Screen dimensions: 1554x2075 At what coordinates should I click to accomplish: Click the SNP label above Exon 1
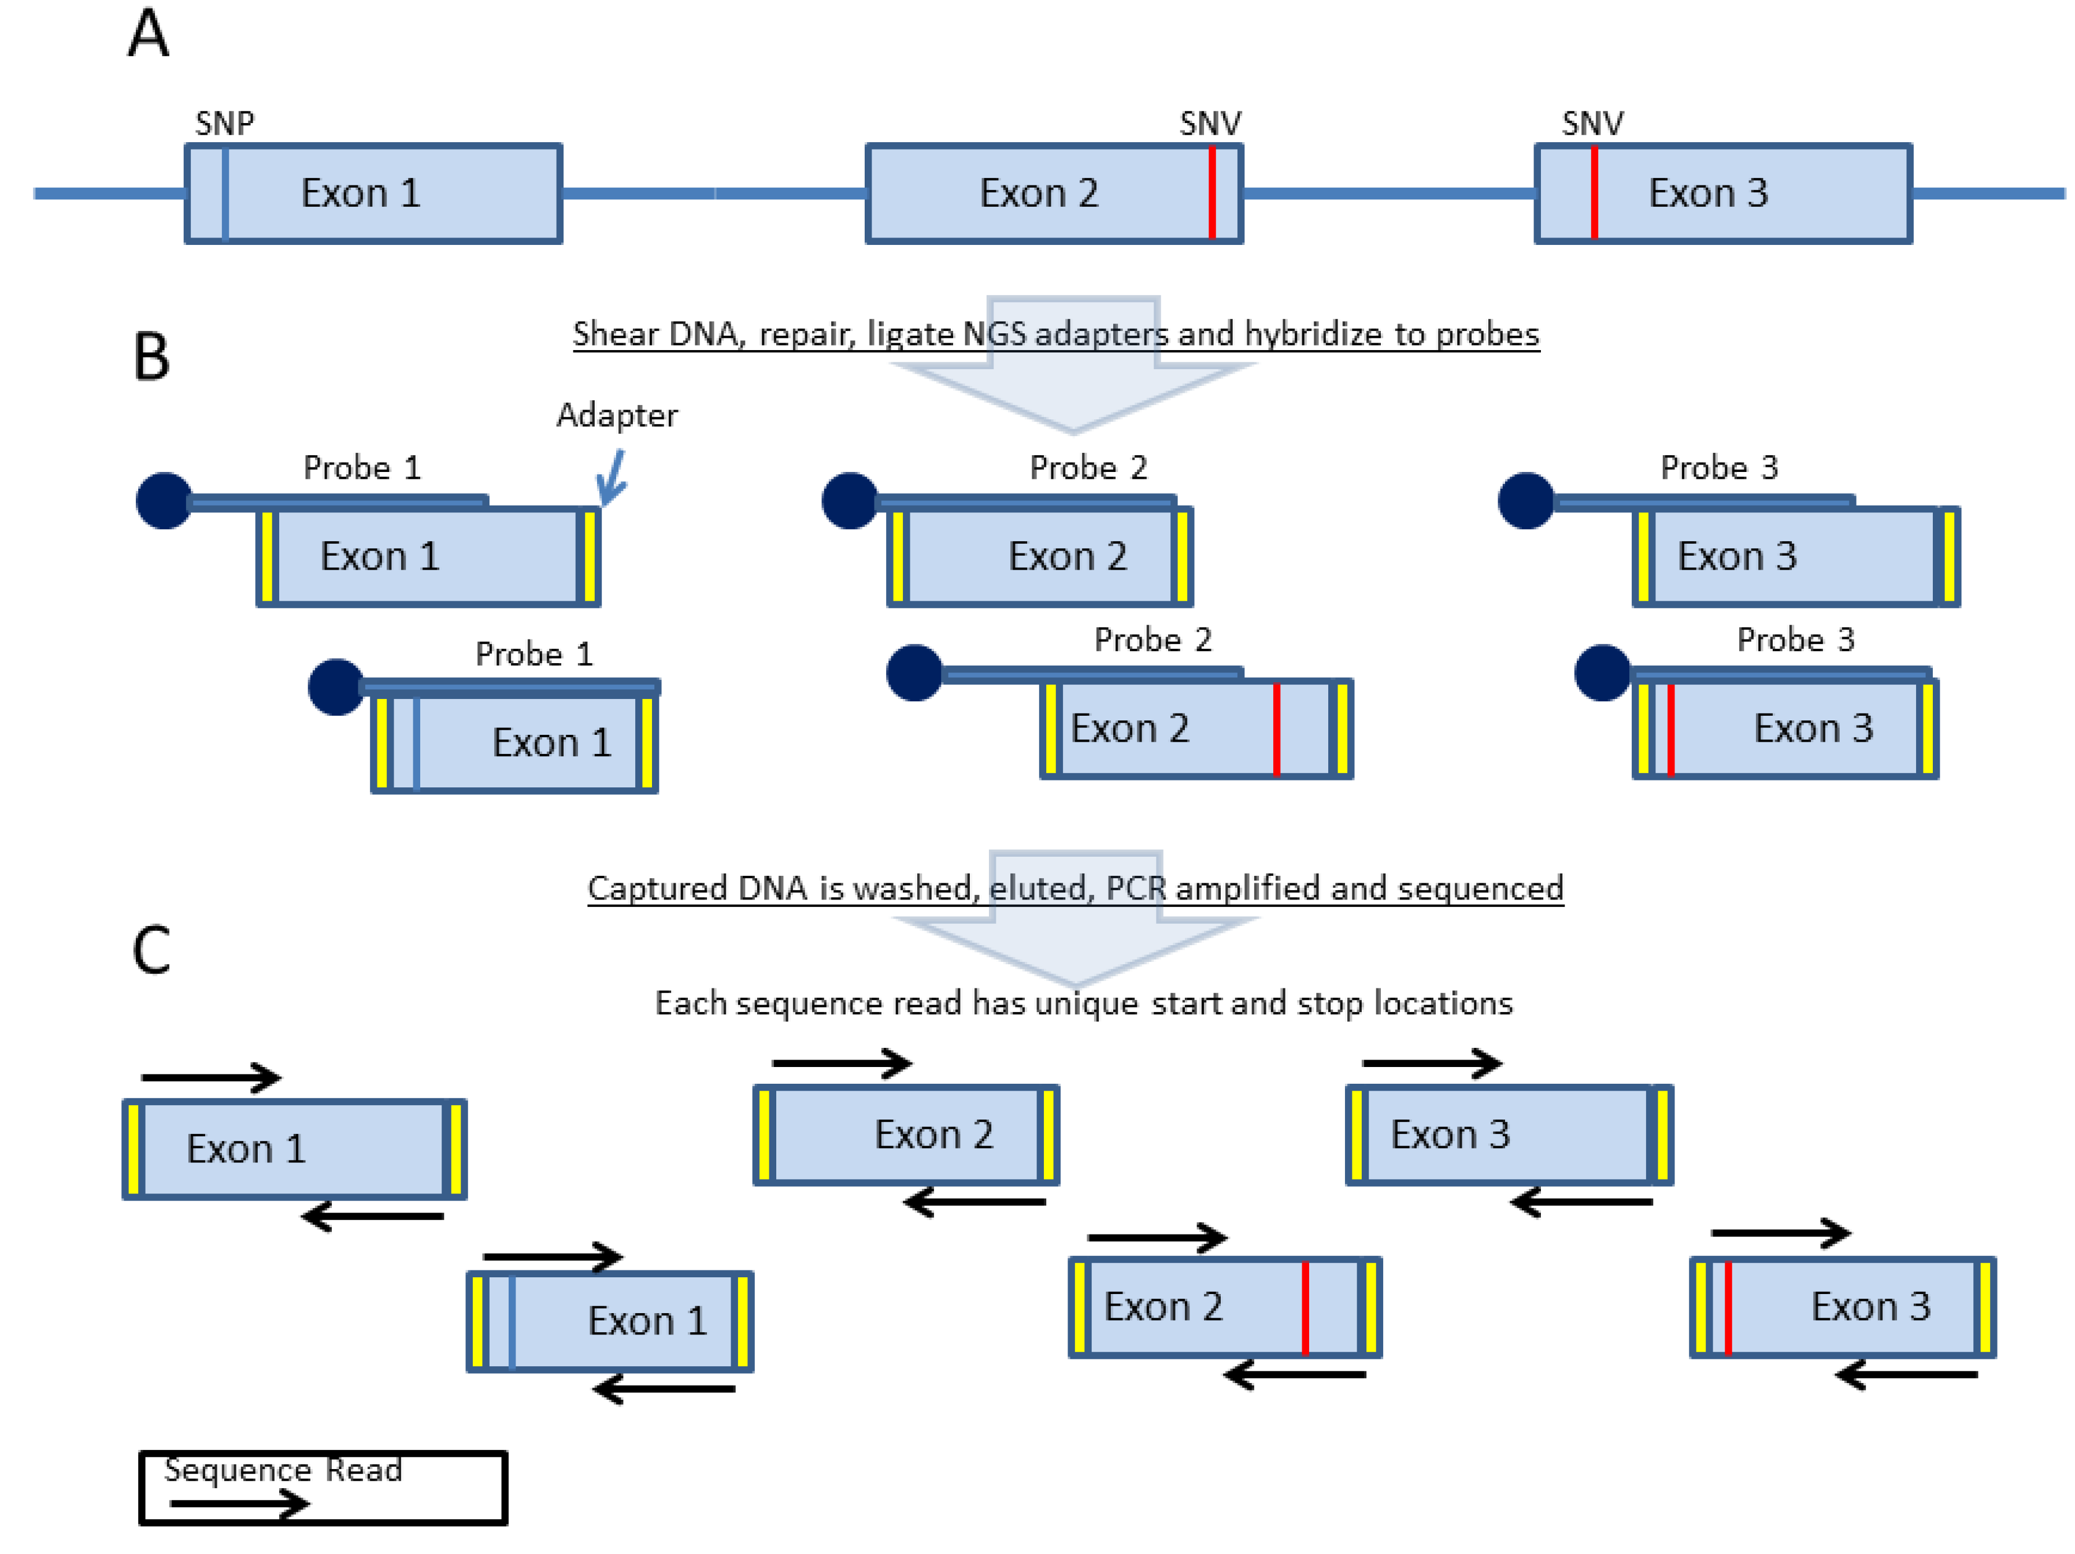[x=224, y=123]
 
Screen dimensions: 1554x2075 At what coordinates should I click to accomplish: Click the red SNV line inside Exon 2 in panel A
[x=1212, y=193]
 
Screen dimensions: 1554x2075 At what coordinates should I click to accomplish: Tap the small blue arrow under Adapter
[x=612, y=478]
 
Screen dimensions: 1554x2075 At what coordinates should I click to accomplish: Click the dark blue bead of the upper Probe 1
[x=164, y=501]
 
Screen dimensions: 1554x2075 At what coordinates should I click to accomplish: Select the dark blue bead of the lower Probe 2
[x=914, y=672]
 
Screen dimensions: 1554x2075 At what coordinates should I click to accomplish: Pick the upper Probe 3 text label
[x=1718, y=467]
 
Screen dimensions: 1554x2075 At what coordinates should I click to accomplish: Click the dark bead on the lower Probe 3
[x=1602, y=672]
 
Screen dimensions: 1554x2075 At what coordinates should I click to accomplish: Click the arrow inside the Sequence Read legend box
[x=239, y=1504]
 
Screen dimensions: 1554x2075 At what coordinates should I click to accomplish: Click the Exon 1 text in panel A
[x=360, y=193]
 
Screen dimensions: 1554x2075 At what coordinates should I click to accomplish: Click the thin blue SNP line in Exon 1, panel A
[x=225, y=193]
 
